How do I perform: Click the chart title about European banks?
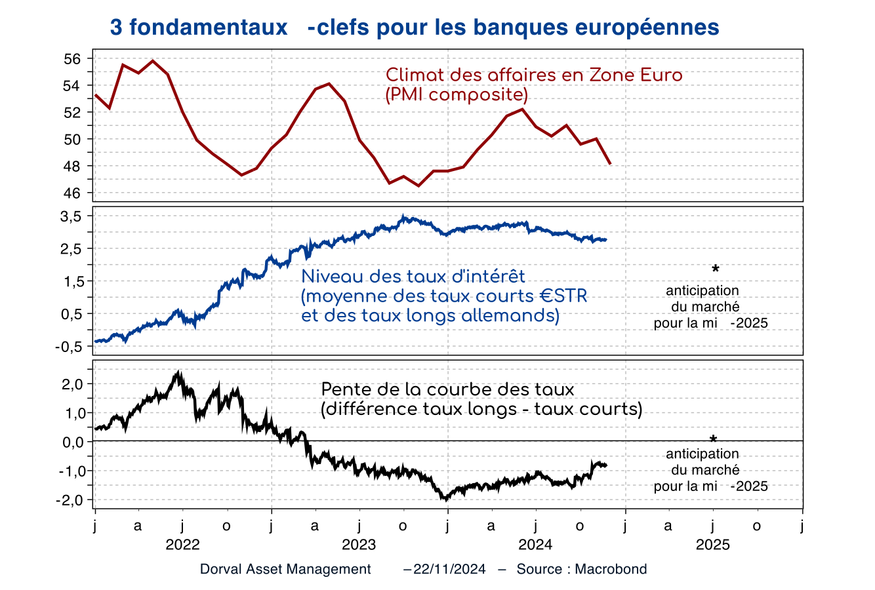click(x=415, y=28)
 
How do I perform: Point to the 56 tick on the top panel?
click(x=72, y=59)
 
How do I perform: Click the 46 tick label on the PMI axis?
click(x=72, y=193)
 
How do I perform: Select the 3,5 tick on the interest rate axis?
click(x=70, y=216)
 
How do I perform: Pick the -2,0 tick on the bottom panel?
click(x=69, y=500)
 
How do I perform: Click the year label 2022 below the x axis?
click(x=182, y=545)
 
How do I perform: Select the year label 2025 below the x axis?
click(x=713, y=545)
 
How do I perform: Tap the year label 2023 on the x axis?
click(x=359, y=545)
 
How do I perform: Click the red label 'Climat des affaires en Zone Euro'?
click(x=534, y=75)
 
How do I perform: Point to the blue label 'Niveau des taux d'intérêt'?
click(x=413, y=277)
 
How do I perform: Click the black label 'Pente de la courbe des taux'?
click(x=447, y=389)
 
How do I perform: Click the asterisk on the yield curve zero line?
click(x=714, y=439)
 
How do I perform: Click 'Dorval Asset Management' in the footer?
click(x=285, y=569)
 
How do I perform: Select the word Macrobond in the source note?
click(x=611, y=569)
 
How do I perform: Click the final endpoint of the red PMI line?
click(x=611, y=164)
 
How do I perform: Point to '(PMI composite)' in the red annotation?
click(x=457, y=95)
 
